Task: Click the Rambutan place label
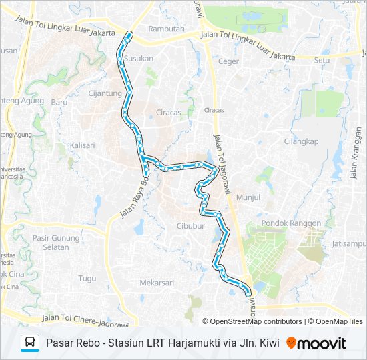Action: click(x=165, y=29)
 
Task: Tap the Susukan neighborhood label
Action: click(x=139, y=58)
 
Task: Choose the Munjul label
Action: click(x=248, y=198)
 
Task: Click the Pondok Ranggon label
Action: click(x=291, y=223)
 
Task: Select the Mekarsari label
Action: click(x=157, y=283)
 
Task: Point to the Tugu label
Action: click(x=87, y=278)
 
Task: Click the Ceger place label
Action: click(x=228, y=61)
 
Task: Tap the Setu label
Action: click(x=322, y=59)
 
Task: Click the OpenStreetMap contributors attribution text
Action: click(x=256, y=321)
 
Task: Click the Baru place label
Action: click(x=59, y=102)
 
